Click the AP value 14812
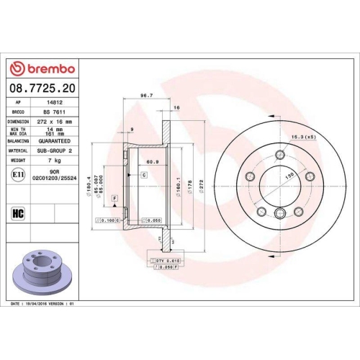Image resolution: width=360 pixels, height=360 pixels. click(50, 103)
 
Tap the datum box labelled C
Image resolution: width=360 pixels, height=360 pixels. click(143, 175)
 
